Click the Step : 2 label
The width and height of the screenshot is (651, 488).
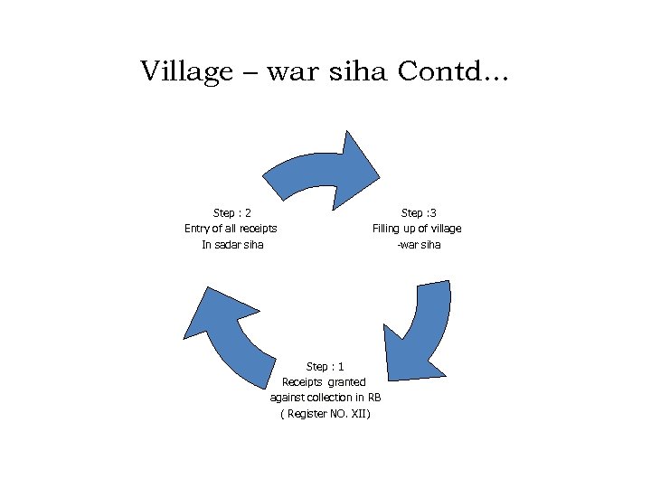(231, 212)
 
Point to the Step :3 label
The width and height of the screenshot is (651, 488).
(418, 212)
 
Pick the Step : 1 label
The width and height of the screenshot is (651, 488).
(325, 366)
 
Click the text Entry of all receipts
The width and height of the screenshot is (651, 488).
(231, 229)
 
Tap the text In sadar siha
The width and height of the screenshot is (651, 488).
(232, 245)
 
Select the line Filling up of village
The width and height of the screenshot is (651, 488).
(417, 229)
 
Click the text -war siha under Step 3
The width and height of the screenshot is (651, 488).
(419, 245)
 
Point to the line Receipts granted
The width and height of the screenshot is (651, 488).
(324, 382)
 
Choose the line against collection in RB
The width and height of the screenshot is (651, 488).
(325, 398)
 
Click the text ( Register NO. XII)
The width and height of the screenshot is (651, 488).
(325, 414)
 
